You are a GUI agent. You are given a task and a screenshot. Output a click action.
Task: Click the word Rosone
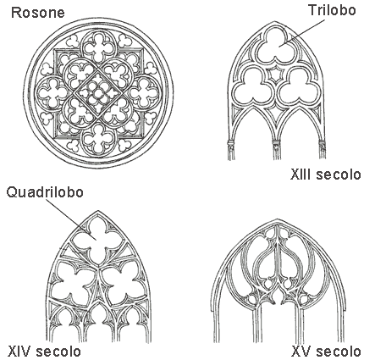[38, 13]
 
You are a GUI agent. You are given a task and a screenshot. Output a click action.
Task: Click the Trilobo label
[332, 10]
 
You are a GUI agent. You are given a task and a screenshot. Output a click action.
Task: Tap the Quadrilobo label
[45, 192]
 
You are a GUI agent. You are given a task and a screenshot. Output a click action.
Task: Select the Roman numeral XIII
[301, 174]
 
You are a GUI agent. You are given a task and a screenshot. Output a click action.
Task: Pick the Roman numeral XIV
[20, 352]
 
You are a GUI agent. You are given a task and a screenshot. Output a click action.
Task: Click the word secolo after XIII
[339, 174]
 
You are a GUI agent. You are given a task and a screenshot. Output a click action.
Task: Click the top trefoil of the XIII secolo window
[273, 45]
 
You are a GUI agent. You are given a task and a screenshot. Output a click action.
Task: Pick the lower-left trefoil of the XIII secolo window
[251, 86]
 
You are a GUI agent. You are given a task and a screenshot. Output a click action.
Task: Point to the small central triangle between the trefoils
[274, 74]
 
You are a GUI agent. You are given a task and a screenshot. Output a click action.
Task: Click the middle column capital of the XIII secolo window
[276, 145]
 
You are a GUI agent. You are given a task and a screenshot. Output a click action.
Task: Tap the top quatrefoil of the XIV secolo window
[97, 239]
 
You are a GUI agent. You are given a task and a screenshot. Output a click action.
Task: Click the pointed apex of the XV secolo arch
[277, 219]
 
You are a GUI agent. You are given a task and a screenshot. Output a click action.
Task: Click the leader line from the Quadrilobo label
[72, 219]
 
